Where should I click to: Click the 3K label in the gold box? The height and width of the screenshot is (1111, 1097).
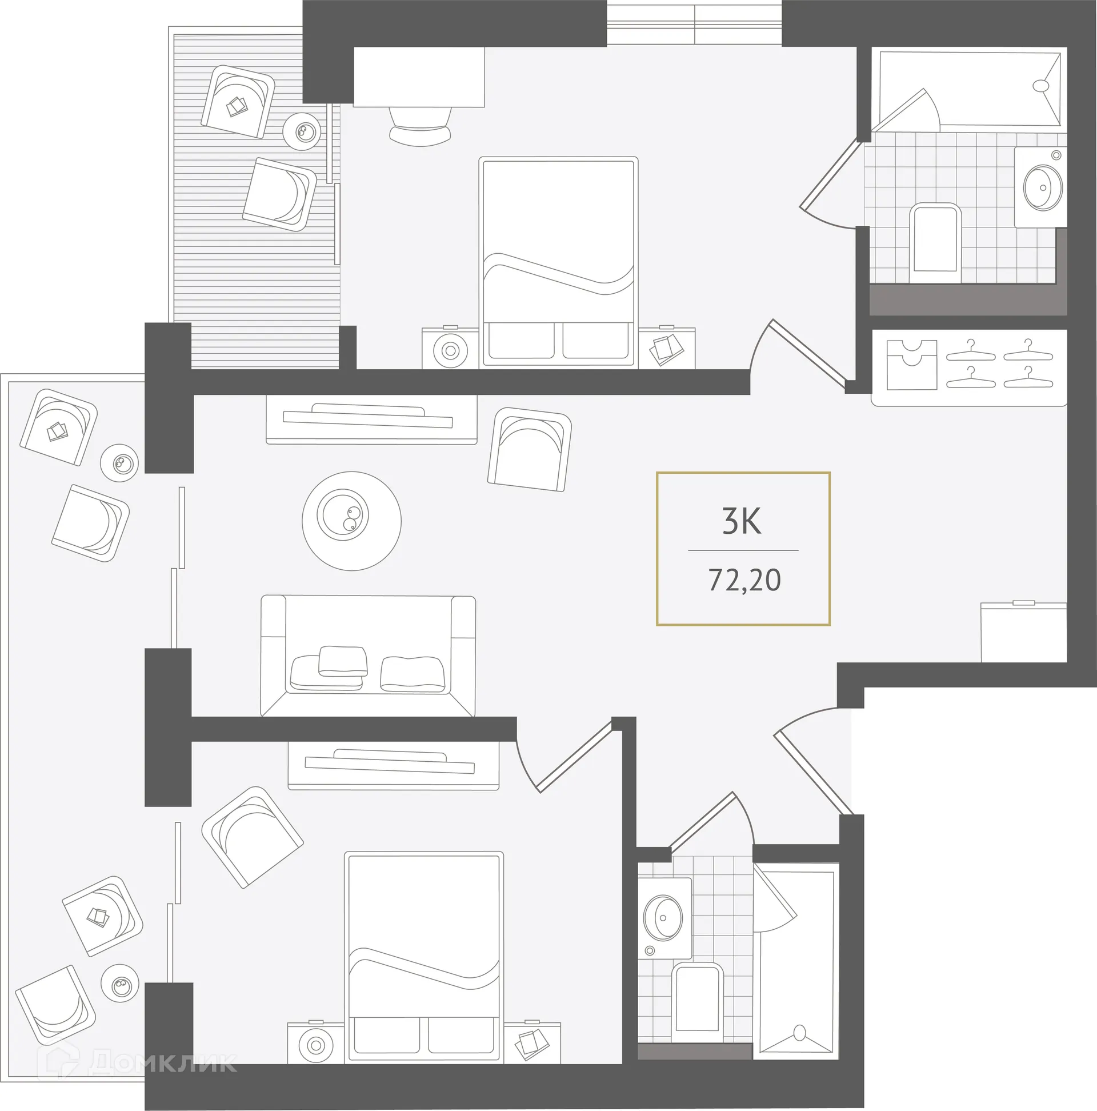(x=742, y=522)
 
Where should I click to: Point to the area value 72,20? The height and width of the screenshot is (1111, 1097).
(x=744, y=580)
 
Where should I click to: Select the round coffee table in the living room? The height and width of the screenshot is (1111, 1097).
(x=351, y=521)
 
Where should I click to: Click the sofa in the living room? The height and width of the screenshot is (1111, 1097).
(x=368, y=656)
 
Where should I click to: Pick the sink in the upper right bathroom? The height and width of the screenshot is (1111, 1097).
(x=1042, y=187)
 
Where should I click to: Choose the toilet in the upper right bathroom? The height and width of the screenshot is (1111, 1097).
(x=935, y=245)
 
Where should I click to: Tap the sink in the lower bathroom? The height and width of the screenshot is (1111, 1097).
(x=663, y=919)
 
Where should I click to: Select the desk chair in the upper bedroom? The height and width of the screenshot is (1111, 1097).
(x=420, y=125)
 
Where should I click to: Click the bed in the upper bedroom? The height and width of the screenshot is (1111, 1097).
(x=558, y=262)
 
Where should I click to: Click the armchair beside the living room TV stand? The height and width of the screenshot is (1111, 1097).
(x=530, y=450)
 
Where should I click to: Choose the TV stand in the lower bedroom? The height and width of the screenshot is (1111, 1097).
(x=393, y=765)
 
